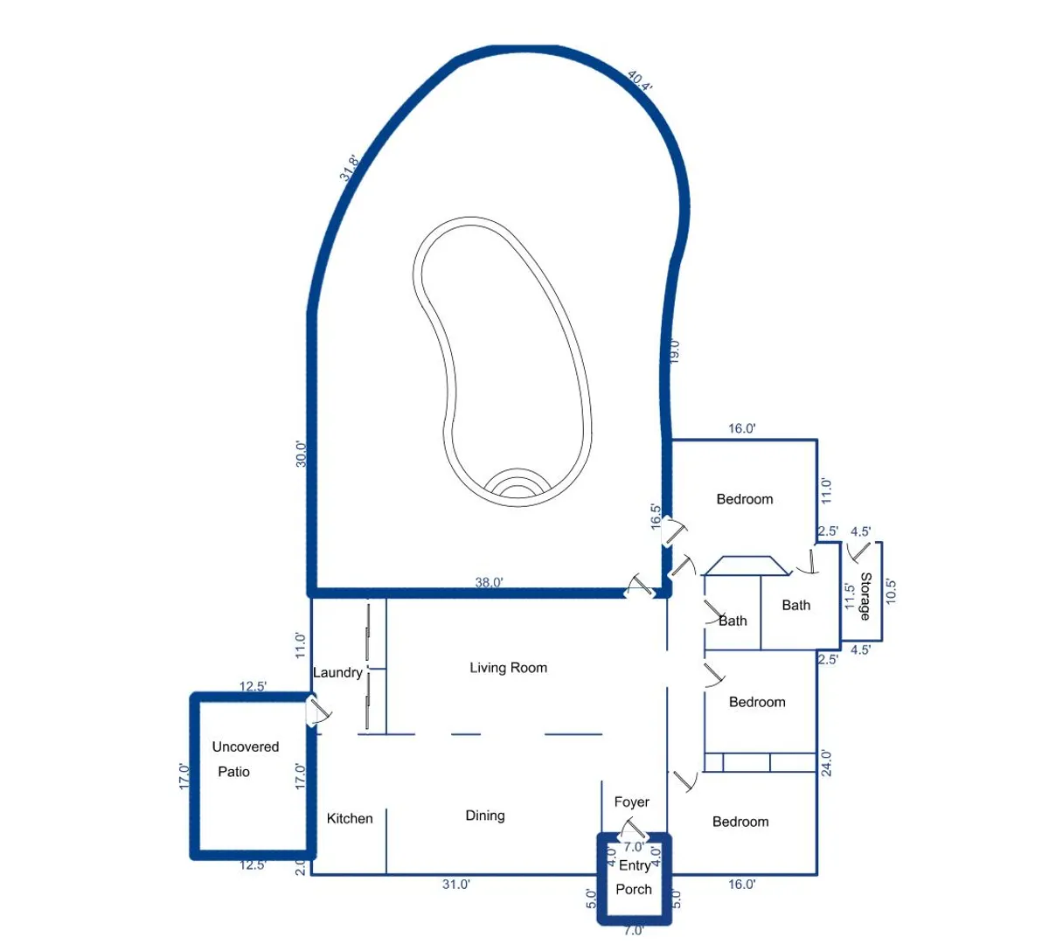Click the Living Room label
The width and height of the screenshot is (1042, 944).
(x=509, y=668)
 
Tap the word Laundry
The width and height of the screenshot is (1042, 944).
(x=337, y=672)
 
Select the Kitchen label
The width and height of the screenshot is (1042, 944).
(x=350, y=818)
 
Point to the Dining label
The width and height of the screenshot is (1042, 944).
(x=485, y=816)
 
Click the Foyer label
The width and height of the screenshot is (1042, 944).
(x=631, y=802)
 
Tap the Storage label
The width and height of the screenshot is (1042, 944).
(x=865, y=596)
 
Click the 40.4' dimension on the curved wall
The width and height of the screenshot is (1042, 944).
(x=640, y=80)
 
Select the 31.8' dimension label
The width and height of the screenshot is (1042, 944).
(x=349, y=168)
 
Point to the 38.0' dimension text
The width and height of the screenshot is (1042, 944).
(x=490, y=583)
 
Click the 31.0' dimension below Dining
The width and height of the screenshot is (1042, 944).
(x=456, y=885)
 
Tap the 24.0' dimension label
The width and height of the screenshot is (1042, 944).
(x=826, y=763)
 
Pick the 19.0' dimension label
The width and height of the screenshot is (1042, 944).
(x=674, y=351)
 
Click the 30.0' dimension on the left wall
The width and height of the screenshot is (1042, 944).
(x=301, y=454)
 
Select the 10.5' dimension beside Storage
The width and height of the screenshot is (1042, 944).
(x=891, y=591)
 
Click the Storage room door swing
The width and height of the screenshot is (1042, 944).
(x=858, y=552)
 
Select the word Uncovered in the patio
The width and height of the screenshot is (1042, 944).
(x=246, y=746)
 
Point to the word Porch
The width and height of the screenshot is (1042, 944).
(x=633, y=890)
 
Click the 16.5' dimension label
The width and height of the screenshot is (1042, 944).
(x=656, y=517)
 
